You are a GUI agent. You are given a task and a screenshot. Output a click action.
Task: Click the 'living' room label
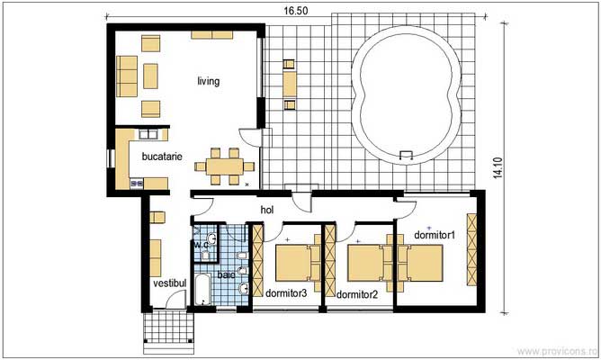209,81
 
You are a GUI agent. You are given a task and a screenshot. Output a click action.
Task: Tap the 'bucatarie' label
162,156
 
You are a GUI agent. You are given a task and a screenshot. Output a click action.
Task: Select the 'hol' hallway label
266,210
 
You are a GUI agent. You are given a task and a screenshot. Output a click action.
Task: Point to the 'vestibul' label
168,283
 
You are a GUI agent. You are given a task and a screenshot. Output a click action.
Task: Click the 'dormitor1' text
435,235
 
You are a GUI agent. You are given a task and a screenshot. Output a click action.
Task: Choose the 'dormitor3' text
286,292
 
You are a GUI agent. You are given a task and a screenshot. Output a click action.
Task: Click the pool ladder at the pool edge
407,156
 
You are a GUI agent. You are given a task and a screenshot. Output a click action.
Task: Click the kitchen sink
150,135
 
